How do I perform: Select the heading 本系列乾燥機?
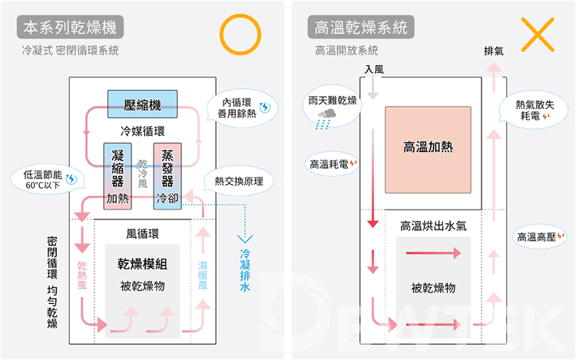(70, 28)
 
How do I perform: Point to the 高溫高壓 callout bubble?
(540, 237)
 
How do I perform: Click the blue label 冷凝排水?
(246, 270)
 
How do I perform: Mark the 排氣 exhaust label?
(494, 51)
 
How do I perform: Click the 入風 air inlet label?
(374, 69)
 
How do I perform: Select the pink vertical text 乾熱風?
(82, 276)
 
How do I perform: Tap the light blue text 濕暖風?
(203, 276)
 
